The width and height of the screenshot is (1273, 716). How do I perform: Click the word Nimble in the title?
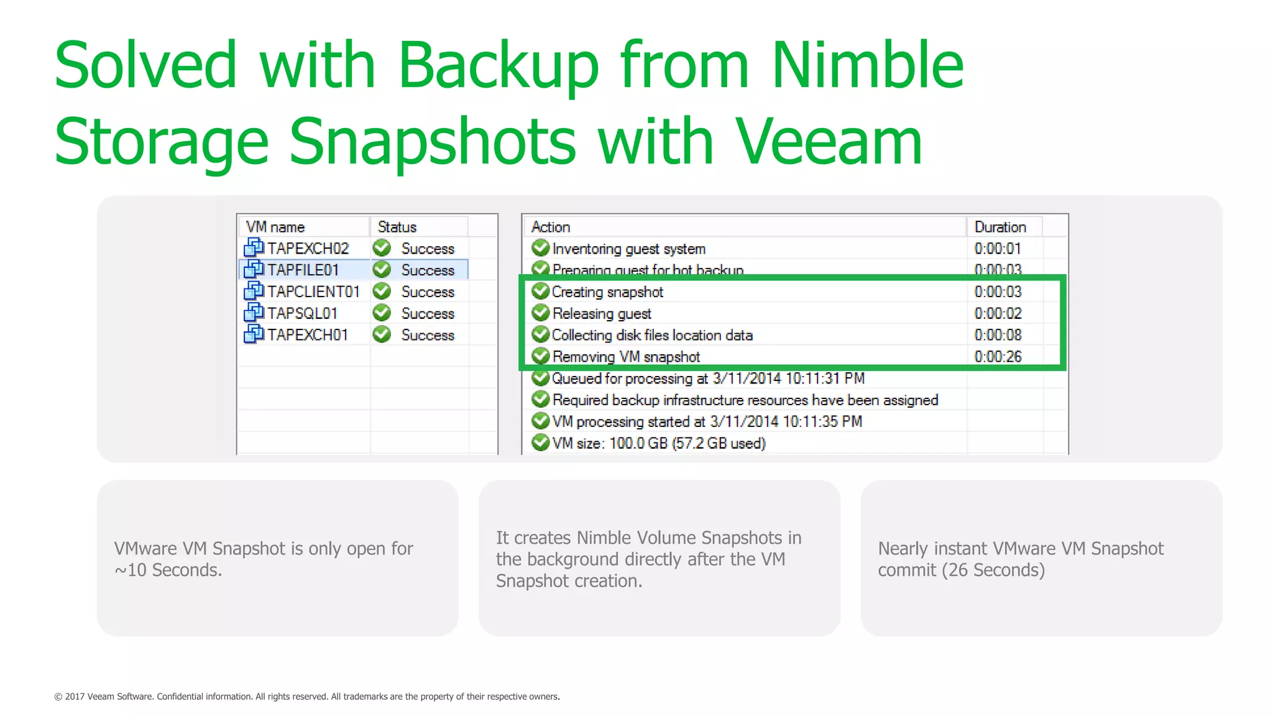click(867, 65)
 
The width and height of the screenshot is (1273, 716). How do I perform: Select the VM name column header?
click(275, 227)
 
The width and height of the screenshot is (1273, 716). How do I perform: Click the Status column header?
click(397, 227)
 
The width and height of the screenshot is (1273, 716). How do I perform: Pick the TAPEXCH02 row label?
click(308, 249)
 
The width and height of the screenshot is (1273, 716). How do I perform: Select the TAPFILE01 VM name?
click(303, 270)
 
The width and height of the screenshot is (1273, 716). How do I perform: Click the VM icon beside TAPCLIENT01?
click(253, 291)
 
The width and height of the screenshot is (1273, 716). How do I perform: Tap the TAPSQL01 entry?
click(302, 313)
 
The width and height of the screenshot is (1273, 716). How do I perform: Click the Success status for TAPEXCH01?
click(428, 335)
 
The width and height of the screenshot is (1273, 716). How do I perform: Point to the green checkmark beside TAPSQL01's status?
click(382, 313)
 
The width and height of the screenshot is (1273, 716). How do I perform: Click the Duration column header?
click(1000, 227)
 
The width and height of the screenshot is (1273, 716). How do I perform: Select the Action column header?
click(551, 227)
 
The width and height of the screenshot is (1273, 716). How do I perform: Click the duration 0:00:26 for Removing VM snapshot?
click(998, 357)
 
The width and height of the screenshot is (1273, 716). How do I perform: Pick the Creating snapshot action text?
click(607, 292)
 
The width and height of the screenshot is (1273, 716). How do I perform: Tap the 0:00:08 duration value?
click(998, 335)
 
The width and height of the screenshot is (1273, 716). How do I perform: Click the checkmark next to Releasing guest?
click(541, 313)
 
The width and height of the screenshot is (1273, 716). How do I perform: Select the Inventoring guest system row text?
click(628, 249)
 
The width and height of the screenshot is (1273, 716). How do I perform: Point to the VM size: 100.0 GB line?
click(658, 443)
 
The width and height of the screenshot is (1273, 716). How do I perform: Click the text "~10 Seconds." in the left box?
click(168, 570)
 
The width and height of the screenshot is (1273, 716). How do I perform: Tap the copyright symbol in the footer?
click(58, 697)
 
